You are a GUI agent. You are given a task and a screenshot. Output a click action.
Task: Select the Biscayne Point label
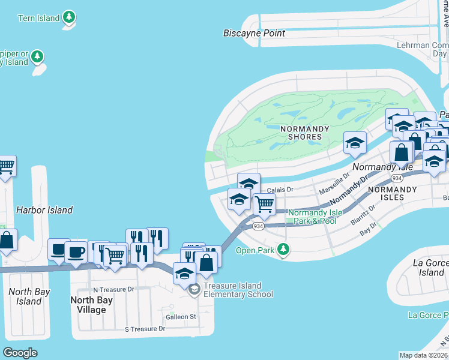click(x=254, y=33)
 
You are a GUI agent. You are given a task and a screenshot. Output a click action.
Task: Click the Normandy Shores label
click(x=304, y=133)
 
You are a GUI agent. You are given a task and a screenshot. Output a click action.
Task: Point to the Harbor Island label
click(x=44, y=210)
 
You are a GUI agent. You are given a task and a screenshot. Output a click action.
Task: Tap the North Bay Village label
click(x=88, y=305)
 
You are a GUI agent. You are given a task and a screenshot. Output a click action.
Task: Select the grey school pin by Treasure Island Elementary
click(x=194, y=290)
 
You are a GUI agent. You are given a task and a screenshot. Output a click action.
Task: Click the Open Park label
click(x=255, y=250)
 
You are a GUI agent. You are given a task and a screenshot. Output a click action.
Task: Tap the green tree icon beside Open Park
click(x=282, y=250)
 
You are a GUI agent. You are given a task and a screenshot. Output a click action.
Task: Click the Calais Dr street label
click(x=280, y=190)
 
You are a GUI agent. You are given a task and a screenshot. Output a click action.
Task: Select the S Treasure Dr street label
click(x=144, y=329)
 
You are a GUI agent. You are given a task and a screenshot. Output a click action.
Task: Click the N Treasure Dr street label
click(x=113, y=289)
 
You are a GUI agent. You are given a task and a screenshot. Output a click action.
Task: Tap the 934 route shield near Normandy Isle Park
click(x=258, y=226)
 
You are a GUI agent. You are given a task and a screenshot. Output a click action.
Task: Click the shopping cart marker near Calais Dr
click(x=264, y=204)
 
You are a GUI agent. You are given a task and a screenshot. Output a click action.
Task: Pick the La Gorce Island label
click(x=430, y=268)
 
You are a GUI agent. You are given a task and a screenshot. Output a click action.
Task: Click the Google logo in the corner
click(x=20, y=352)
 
